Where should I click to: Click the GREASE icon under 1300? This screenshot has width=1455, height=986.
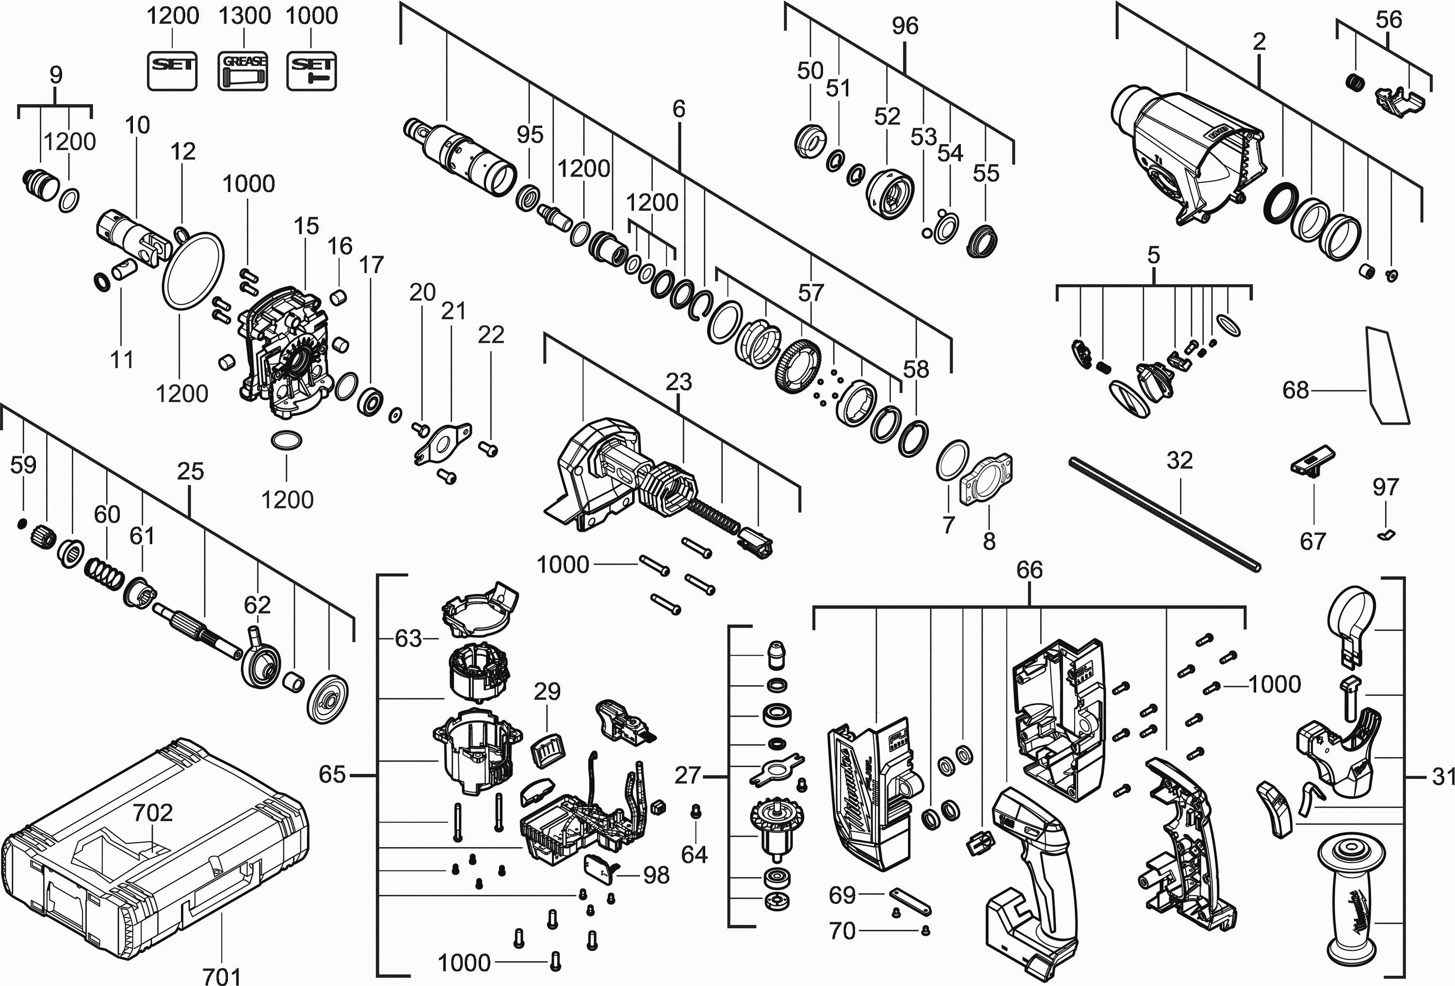pos(243,71)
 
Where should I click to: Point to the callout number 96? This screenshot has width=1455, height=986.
pos(905,26)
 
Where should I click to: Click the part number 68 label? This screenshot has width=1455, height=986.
pos(1295,390)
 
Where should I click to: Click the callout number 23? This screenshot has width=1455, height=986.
pos(679,381)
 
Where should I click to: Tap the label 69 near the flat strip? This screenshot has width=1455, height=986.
pos(841,895)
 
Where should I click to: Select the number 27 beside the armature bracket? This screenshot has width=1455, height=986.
pos(687,776)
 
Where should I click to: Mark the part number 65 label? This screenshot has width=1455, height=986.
pos(332,775)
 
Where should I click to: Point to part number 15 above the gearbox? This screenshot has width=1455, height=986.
pos(306,226)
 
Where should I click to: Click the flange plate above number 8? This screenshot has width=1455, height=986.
pos(986,480)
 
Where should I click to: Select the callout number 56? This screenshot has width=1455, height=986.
pos(1389,19)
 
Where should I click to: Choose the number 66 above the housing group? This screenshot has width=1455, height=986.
pos(1029,570)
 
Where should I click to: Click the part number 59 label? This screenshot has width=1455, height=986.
pos(23,465)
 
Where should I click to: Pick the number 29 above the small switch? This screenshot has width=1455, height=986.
pos(547,691)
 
